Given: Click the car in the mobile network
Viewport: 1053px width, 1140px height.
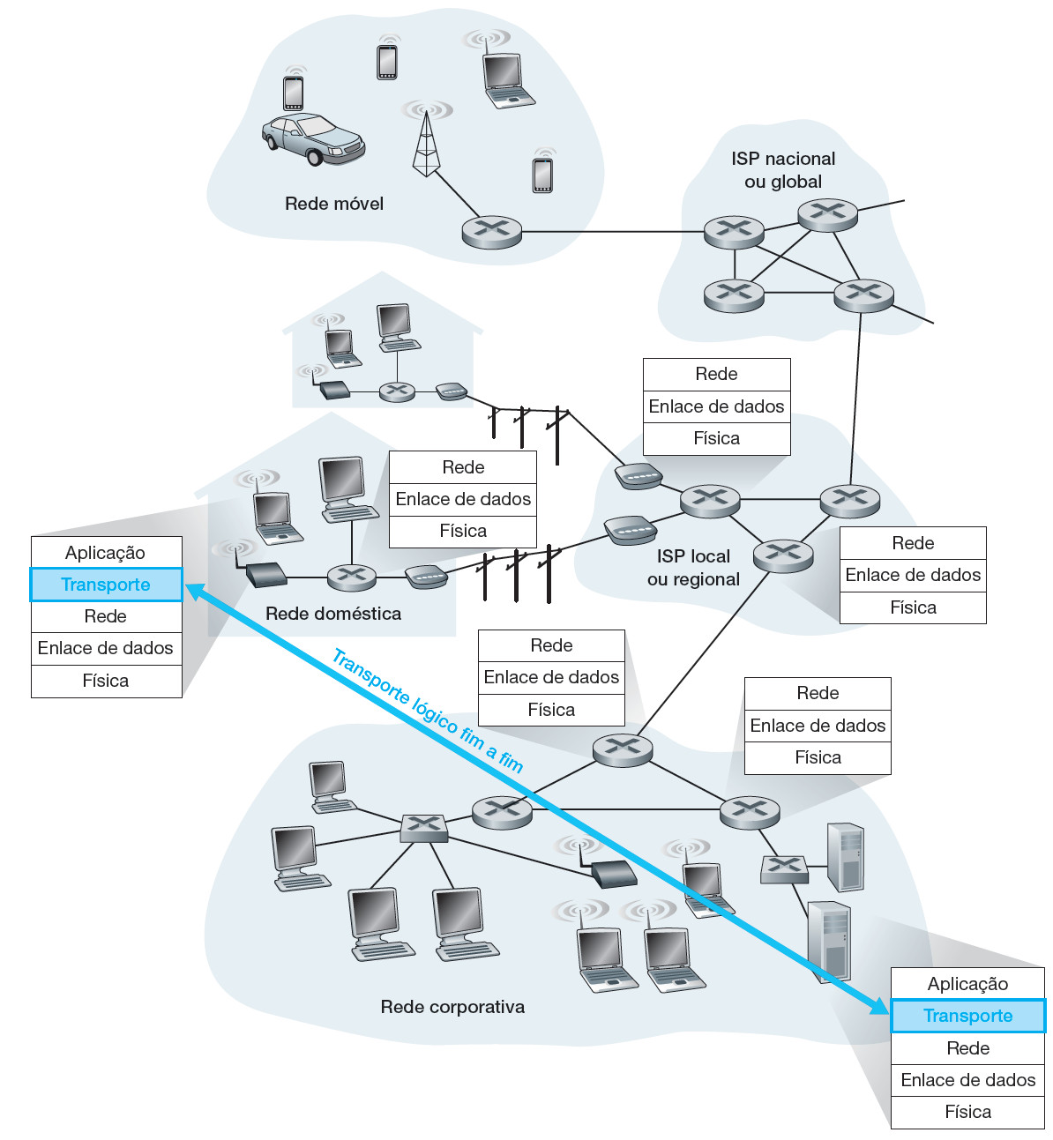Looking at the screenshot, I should click(313, 139).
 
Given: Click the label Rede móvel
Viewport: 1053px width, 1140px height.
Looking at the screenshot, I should click(334, 204).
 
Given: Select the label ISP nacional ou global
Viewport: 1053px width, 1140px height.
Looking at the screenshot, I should click(783, 170).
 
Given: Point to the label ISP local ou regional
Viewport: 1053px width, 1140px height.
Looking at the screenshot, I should click(693, 568).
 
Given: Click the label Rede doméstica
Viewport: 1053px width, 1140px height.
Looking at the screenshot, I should click(333, 614).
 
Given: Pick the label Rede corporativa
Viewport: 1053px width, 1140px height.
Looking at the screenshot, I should click(452, 1007).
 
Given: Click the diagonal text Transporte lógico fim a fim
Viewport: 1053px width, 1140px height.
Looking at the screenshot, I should click(428, 710).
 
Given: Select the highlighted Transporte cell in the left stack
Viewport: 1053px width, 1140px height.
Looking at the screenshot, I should click(106, 585).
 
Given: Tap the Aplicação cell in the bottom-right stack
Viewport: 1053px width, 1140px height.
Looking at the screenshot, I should click(967, 984).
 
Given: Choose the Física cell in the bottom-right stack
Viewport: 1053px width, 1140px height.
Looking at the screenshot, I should click(967, 1112).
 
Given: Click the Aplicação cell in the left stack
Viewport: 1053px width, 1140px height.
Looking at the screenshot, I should click(106, 553).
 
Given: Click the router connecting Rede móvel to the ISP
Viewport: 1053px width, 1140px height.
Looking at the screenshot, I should click(492, 232).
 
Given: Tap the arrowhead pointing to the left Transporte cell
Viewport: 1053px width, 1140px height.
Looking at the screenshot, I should click(193, 591).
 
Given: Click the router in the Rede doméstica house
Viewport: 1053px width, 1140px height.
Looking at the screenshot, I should click(352, 577).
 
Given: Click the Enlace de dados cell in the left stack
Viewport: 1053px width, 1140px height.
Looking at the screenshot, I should click(106, 648).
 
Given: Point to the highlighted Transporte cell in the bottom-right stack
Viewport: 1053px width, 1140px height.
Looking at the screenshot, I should click(967, 1016).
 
